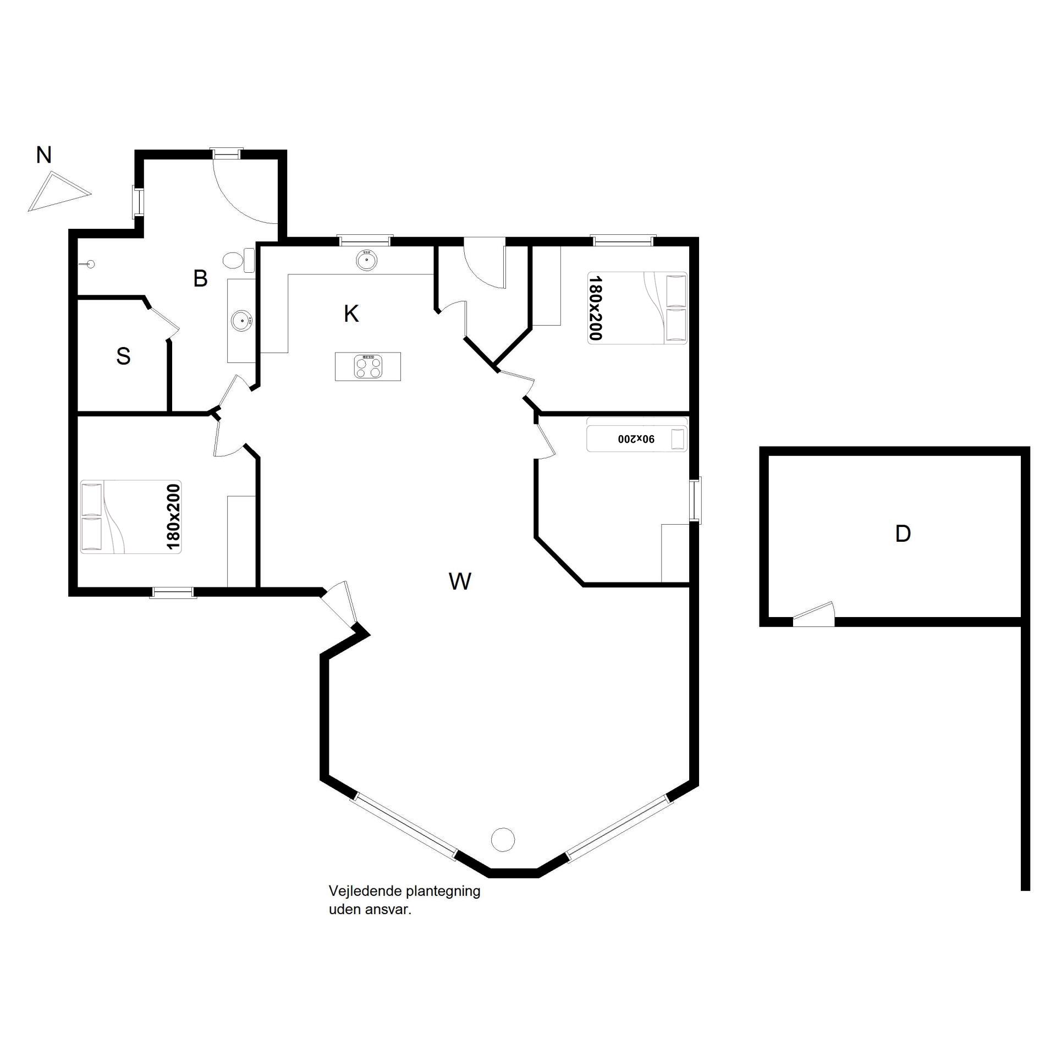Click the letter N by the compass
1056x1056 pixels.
[x=43, y=155]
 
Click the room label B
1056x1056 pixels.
[x=201, y=279]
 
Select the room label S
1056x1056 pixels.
[x=124, y=356]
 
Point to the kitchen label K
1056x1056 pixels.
[x=351, y=314]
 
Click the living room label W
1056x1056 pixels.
[x=460, y=581]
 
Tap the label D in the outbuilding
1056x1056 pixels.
[x=903, y=533]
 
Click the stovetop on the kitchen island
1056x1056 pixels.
[x=369, y=366]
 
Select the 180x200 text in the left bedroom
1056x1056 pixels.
[x=173, y=517]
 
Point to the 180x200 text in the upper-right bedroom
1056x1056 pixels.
[x=596, y=308]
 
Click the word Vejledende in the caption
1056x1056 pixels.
[x=365, y=892]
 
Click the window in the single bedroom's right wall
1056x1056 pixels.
[x=696, y=500]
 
